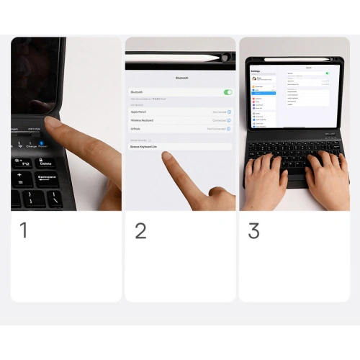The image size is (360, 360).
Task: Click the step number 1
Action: (24, 230)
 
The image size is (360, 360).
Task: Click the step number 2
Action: (140, 230)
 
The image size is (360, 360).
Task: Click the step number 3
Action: (253, 230)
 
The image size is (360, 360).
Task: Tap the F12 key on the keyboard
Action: (25, 163)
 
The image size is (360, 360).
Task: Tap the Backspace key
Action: (47, 176)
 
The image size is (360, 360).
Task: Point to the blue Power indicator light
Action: (42, 142)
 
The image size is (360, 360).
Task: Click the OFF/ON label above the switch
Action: (34, 129)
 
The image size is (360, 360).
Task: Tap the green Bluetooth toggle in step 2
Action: (228, 92)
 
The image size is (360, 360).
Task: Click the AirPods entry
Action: (136, 128)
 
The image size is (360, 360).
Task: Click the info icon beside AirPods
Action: (229, 128)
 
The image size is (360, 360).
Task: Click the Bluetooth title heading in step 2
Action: (181, 77)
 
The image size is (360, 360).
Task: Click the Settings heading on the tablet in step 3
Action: (256, 71)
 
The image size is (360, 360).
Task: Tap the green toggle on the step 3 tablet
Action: (327, 73)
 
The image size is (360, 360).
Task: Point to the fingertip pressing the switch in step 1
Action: (55, 122)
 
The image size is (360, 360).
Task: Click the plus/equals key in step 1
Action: (19, 176)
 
